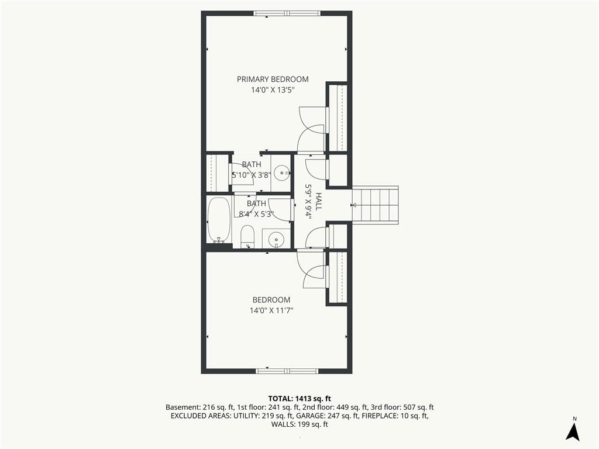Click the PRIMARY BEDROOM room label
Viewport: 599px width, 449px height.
tap(273, 80)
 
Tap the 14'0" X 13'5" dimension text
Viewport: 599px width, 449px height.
tap(273, 91)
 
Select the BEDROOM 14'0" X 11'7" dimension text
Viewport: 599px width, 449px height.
tap(271, 311)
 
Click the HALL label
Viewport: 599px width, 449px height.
tap(318, 201)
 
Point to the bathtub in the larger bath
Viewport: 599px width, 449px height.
tap(219, 220)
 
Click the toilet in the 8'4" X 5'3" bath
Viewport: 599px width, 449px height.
tap(247, 236)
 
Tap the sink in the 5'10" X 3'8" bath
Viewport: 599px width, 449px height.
tap(283, 173)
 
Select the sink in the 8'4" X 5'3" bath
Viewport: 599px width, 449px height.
tap(276, 239)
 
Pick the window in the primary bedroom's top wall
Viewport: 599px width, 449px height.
tap(287, 13)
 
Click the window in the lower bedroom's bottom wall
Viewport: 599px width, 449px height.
tap(287, 371)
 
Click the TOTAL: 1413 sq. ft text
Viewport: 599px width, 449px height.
tap(299, 399)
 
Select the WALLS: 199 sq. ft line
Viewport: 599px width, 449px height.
tap(299, 424)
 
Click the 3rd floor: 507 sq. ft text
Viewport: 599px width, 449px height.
tap(402, 407)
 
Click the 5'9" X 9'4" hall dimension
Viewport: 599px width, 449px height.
tap(308, 201)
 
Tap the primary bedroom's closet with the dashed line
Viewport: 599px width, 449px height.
tap(338, 118)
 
